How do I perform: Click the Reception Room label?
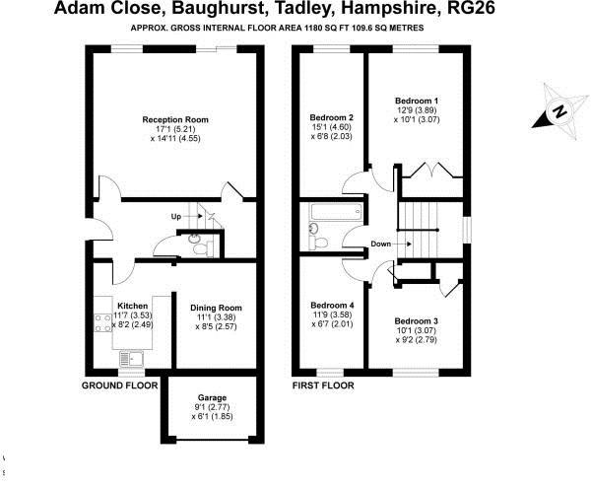click(176, 119)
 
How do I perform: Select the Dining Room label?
click(216, 308)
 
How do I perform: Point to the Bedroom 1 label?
click(417, 101)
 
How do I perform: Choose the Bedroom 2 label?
click(332, 117)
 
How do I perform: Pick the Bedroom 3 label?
click(417, 321)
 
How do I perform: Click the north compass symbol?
click(555, 113)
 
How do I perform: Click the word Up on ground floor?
click(176, 216)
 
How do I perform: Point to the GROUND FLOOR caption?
click(120, 386)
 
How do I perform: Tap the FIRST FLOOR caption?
click(323, 386)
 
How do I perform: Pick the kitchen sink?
click(134, 358)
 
